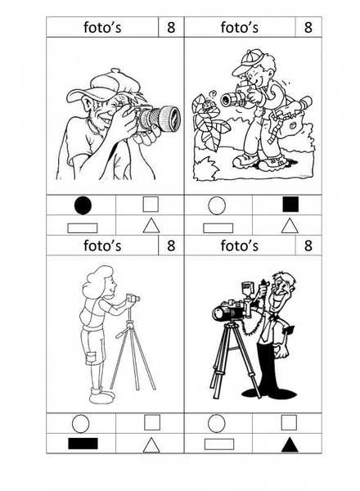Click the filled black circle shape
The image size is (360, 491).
click(x=83, y=205)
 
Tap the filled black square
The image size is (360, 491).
click(x=290, y=204)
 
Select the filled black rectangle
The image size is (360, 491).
click(x=83, y=444)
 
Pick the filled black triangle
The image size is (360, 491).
click(x=290, y=444)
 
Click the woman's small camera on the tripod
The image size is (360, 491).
click(x=133, y=298)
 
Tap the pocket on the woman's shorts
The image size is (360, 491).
click(x=91, y=358)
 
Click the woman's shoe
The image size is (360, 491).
click(x=101, y=397)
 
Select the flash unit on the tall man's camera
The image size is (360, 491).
click(x=247, y=291)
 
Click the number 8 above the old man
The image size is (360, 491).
click(x=171, y=27)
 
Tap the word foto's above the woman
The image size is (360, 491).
click(x=102, y=245)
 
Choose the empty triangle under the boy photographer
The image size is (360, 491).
click(x=290, y=226)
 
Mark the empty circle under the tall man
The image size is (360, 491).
click(x=216, y=423)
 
